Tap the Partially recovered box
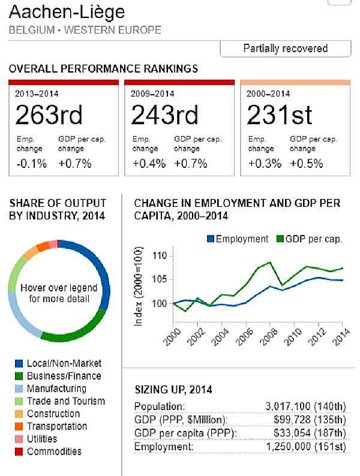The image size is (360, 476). [x=285, y=49]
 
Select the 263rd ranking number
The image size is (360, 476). [x=49, y=115]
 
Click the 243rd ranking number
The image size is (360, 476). [x=165, y=115]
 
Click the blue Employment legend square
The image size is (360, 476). [x=211, y=239]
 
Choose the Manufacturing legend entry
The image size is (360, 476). [x=57, y=388]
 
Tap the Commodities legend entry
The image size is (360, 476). [x=54, y=451]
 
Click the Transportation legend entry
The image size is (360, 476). [x=57, y=426]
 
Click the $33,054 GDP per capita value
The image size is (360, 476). [x=299, y=433]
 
